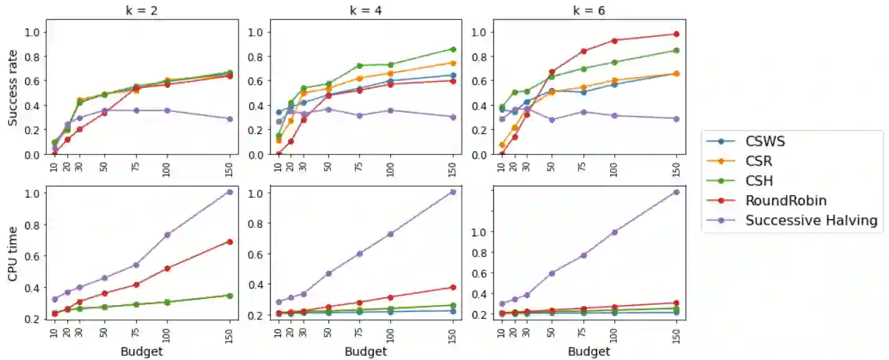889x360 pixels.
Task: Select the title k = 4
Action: click(365, 11)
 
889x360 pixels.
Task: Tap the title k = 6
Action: click(589, 11)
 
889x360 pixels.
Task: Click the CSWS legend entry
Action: click(765, 142)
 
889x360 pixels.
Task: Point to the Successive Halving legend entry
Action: click(811, 221)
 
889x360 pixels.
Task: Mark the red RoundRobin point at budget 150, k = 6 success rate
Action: click(676, 34)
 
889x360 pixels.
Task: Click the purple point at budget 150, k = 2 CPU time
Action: click(229, 192)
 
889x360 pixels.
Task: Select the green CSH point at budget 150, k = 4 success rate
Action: click(453, 49)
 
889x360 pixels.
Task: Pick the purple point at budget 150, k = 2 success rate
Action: click(229, 119)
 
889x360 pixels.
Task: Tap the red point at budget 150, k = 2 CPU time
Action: click(229, 242)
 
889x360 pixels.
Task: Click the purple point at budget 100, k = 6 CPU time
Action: click(614, 232)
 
